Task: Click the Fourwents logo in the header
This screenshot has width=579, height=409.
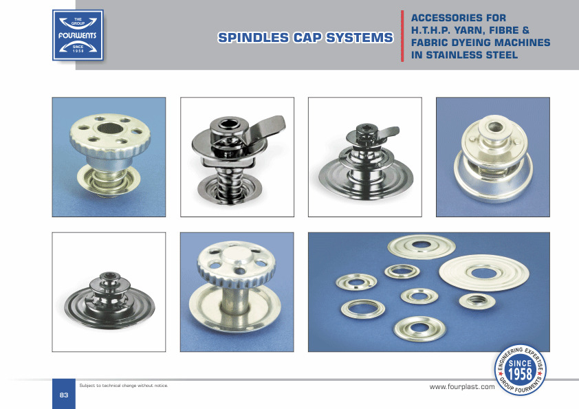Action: point(78,35)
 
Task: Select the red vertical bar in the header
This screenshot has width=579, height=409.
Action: point(402,36)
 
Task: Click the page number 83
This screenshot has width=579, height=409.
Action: point(64,395)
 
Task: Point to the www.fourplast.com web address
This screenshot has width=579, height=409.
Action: point(462,387)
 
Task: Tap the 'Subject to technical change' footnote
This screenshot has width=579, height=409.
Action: point(124,386)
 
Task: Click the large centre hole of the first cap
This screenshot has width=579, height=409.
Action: point(110,129)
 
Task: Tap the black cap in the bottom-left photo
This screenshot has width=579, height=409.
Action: point(109,301)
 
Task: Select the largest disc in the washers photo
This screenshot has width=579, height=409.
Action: point(484,273)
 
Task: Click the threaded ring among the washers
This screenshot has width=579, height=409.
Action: point(477,301)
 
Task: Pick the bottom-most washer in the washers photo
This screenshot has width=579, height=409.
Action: point(420,328)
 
